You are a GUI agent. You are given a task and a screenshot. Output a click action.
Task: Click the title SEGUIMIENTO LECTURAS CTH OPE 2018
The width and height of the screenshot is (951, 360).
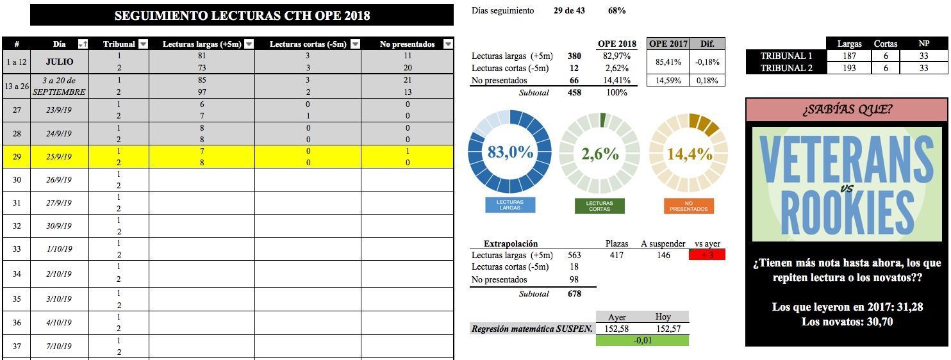point(242,15)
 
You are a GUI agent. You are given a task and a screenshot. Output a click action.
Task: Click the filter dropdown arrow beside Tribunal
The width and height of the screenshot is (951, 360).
point(143,44)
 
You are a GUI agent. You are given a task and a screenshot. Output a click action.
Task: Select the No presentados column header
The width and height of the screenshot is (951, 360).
point(407,44)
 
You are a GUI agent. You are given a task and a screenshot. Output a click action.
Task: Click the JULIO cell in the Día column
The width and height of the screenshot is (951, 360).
point(60,62)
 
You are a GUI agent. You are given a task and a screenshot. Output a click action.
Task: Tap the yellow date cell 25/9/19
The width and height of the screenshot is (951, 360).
point(60,157)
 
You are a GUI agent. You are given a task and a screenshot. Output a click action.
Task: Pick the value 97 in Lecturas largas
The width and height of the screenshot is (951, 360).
point(202,92)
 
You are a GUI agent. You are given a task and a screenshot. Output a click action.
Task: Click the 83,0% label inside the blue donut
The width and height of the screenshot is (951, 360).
point(510,152)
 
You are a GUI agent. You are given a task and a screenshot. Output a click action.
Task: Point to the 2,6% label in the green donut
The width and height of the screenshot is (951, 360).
point(600,154)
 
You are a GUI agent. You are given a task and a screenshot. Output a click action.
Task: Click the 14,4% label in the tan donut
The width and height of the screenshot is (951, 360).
point(690,154)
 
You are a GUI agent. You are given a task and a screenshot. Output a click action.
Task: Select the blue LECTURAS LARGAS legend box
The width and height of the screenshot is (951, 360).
point(510,205)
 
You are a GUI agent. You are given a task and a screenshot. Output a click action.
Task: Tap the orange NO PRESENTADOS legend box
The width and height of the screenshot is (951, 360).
point(689,206)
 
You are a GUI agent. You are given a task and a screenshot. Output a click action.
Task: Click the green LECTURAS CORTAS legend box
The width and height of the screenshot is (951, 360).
point(600,206)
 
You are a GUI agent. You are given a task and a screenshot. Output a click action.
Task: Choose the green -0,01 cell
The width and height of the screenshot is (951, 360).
point(642,340)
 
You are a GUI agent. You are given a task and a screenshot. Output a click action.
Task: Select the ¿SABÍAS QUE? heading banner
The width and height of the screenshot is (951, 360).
point(847,110)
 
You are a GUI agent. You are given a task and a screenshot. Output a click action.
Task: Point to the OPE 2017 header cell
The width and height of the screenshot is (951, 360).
point(668,44)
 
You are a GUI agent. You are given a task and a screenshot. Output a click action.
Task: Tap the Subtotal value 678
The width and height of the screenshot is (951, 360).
point(574,293)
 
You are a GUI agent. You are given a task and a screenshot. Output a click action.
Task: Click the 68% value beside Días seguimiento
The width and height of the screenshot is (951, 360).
point(617,11)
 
